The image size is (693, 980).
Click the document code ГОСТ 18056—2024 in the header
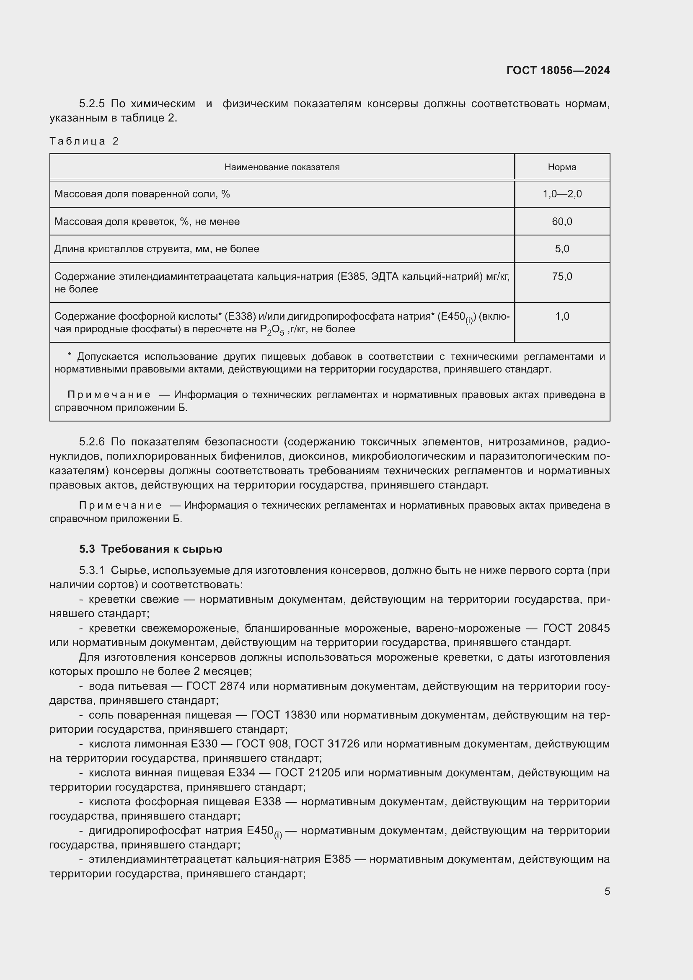click(558, 70)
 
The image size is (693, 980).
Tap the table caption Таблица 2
click(84, 141)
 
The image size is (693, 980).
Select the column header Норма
click(561, 167)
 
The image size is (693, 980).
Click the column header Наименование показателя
click(282, 167)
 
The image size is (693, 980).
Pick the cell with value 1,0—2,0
click(561, 194)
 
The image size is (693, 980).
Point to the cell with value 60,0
click(561, 222)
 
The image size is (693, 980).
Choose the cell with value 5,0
click(561, 249)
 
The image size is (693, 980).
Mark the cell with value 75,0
click(561, 277)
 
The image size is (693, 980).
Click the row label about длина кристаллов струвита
click(157, 249)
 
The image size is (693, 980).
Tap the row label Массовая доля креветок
click(147, 222)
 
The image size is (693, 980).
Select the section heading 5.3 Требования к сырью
click(151, 549)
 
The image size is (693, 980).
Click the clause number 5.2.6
click(92, 442)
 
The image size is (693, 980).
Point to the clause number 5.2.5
click(92, 104)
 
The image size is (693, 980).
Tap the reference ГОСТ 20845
click(576, 628)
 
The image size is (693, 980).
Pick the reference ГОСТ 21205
click(307, 773)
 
